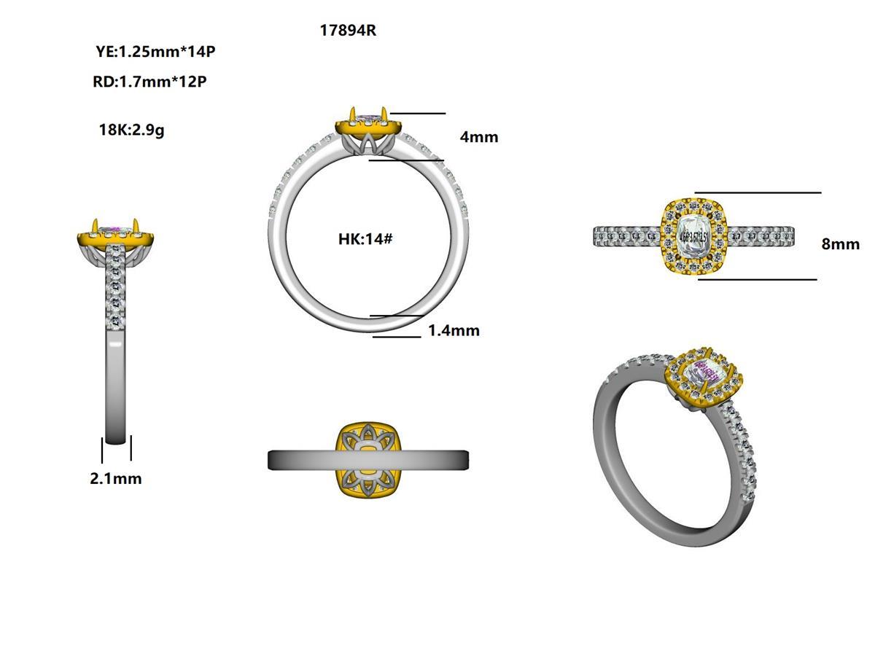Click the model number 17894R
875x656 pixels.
tap(348, 31)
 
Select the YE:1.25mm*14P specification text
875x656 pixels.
tap(155, 52)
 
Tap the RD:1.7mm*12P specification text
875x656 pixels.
tap(149, 82)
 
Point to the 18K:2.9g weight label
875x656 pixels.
tap(131, 130)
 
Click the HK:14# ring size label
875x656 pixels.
tap(365, 238)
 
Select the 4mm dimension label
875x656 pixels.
tap(479, 137)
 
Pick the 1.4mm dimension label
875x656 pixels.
tap(454, 330)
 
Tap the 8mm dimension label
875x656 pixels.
tap(840, 244)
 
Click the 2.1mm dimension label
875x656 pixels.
tap(115, 479)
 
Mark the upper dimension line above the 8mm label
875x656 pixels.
tap(758, 193)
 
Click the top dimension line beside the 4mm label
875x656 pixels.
tap(418, 114)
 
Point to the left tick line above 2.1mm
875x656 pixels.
tap(102, 448)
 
